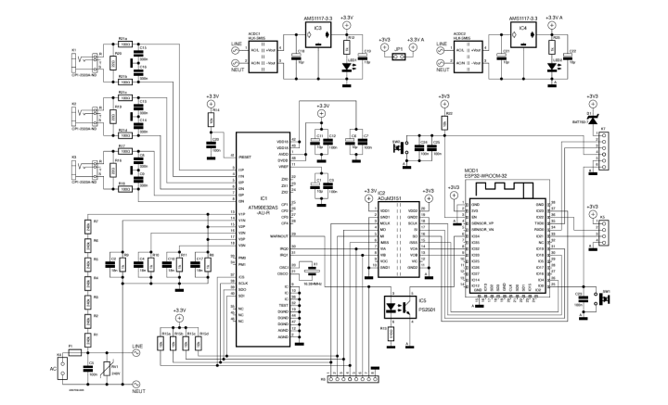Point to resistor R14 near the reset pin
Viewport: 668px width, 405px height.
(212, 120)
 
